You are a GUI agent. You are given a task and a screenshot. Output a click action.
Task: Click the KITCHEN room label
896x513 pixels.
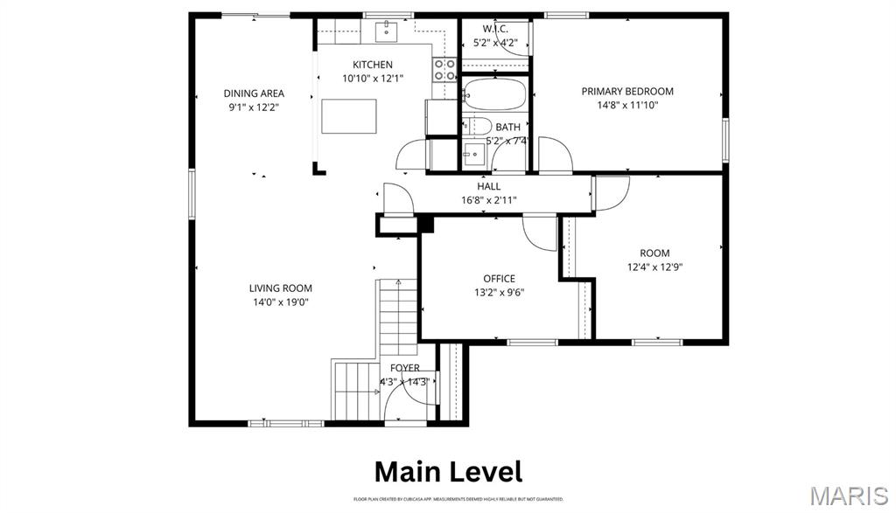coord(373,65)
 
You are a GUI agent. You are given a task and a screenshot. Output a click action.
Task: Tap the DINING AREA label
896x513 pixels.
coord(254,94)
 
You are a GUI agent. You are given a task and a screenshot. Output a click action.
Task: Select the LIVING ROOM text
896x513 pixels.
coord(280,288)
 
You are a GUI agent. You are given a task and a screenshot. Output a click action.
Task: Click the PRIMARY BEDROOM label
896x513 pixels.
coord(627,91)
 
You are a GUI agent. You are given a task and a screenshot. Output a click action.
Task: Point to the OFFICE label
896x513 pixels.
coord(499,279)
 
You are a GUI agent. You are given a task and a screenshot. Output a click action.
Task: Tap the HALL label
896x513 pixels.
coord(489,186)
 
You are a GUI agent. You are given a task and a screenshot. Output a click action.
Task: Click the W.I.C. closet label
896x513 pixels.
coord(495,29)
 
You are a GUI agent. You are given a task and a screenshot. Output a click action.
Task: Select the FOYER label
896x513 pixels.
coord(404,368)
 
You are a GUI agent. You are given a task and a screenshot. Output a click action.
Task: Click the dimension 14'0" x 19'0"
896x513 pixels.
coord(280,302)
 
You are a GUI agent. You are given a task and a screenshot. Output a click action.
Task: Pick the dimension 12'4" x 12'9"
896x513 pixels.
coord(654,267)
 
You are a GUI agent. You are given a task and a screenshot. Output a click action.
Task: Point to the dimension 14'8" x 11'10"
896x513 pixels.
coord(627,105)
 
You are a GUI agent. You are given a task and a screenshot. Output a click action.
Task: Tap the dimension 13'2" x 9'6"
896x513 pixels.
coord(499,293)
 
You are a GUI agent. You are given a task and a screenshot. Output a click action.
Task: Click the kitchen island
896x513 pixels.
coord(347,116)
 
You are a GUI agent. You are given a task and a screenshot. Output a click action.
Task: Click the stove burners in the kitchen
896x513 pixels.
coord(445,70)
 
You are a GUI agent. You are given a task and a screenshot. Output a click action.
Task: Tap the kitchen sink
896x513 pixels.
coord(386,32)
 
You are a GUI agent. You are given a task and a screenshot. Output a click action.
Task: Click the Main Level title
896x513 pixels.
coord(448,471)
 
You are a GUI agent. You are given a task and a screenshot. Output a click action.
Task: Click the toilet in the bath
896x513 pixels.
coord(477,125)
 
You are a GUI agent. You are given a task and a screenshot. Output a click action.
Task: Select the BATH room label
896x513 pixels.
coord(507,128)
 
